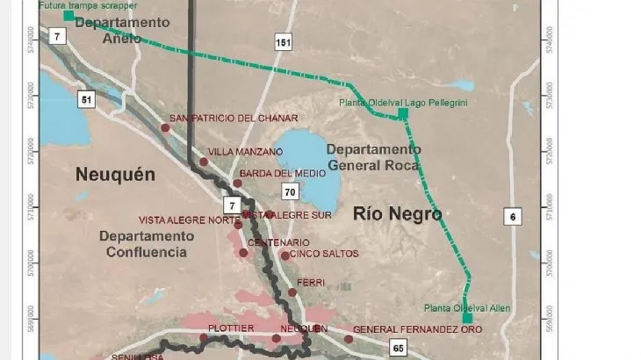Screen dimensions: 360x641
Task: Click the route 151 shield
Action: (x=281, y=43)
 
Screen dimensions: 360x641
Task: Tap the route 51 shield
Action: (x=85, y=99)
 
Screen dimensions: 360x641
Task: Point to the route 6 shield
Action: (x=514, y=217)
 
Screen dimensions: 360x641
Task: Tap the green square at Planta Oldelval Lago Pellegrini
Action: (x=403, y=113)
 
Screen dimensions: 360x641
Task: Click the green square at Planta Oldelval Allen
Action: (x=468, y=294)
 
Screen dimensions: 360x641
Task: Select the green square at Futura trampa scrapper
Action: (x=68, y=16)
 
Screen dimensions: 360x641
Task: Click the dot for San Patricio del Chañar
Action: (x=165, y=128)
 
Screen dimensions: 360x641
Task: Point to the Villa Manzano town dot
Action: (x=204, y=162)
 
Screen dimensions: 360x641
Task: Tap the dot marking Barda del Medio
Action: (x=237, y=184)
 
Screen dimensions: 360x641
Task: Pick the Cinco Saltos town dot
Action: (x=284, y=256)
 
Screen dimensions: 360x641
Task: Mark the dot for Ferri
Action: (x=292, y=292)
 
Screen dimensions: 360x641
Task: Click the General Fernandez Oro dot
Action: (x=348, y=339)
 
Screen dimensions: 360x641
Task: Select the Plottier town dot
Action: (x=203, y=338)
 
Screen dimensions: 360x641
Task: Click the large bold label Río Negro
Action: (x=398, y=213)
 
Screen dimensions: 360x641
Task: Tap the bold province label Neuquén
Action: (x=115, y=175)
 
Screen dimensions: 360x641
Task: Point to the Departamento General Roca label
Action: (x=373, y=156)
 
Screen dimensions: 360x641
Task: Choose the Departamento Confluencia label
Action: (x=143, y=244)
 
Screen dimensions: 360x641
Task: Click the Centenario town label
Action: (x=278, y=242)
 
